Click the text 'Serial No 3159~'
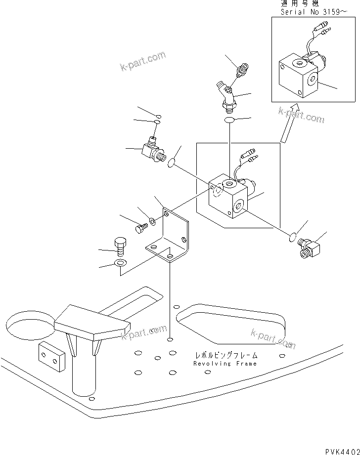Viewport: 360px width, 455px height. point(311,12)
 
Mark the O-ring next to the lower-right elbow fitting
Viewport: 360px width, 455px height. point(293,239)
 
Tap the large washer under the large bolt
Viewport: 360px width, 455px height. point(120,262)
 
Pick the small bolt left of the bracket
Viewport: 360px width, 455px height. point(140,228)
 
